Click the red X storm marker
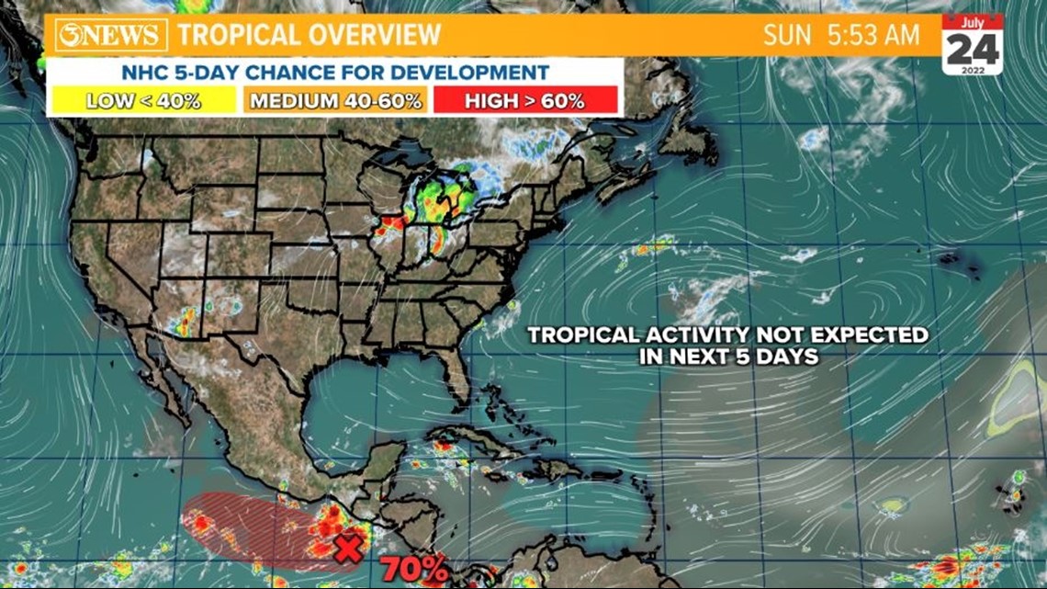tap(347, 549)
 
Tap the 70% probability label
tap(415, 569)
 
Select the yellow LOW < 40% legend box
tap(143, 100)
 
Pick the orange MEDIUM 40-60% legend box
tap(335, 100)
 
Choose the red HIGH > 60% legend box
tap(525, 100)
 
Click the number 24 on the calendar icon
tap(972, 50)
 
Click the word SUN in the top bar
tap(787, 35)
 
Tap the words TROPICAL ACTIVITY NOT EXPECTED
tap(727, 335)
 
